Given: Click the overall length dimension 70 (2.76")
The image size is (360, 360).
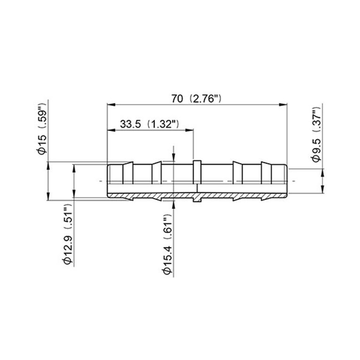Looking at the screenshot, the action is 196,99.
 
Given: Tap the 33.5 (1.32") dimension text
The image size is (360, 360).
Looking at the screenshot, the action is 149,124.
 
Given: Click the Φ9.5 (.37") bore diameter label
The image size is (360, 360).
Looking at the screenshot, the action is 317,134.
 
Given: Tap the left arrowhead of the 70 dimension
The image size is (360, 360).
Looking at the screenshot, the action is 111,105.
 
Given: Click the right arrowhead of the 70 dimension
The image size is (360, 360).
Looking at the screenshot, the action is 283,105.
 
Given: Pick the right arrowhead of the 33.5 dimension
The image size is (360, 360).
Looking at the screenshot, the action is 189,130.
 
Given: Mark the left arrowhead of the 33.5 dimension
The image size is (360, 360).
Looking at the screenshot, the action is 111,130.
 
